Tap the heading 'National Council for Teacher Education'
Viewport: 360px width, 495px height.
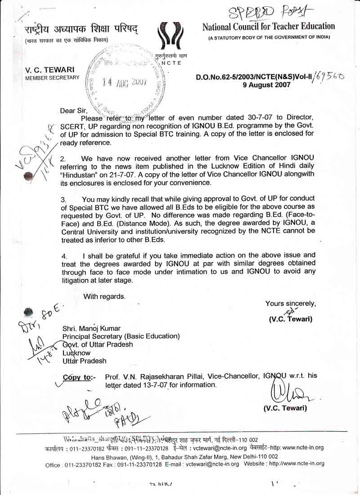coord(269,27)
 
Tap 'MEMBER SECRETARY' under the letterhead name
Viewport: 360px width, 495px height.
coord(52,77)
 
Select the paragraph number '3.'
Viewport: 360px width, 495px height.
coord(64,199)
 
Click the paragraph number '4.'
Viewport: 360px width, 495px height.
coord(64,256)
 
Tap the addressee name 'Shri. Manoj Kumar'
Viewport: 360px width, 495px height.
coord(92,328)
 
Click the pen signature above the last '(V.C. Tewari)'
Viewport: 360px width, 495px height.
coord(288,394)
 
